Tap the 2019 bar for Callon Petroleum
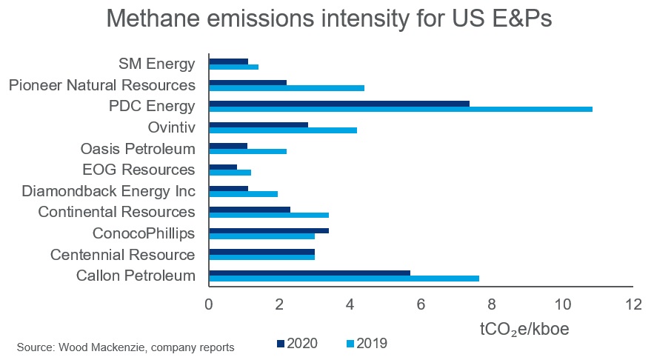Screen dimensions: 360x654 pos(344,279)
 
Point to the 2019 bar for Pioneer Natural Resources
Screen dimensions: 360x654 pos(287,88)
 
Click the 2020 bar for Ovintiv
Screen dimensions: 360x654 pos(258,124)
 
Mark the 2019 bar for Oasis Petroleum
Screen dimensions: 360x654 pos(247,151)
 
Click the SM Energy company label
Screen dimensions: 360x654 pos(157,64)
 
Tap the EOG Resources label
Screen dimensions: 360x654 pos(147,170)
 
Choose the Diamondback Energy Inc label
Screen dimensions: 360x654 pos(108,191)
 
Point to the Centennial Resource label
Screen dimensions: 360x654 pos(122,255)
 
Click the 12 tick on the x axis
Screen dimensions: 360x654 pos(633,304)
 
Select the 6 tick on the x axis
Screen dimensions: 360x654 pos(421,304)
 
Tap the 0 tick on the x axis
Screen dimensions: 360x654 pos(209,304)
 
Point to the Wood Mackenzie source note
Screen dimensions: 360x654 pos(125,347)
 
